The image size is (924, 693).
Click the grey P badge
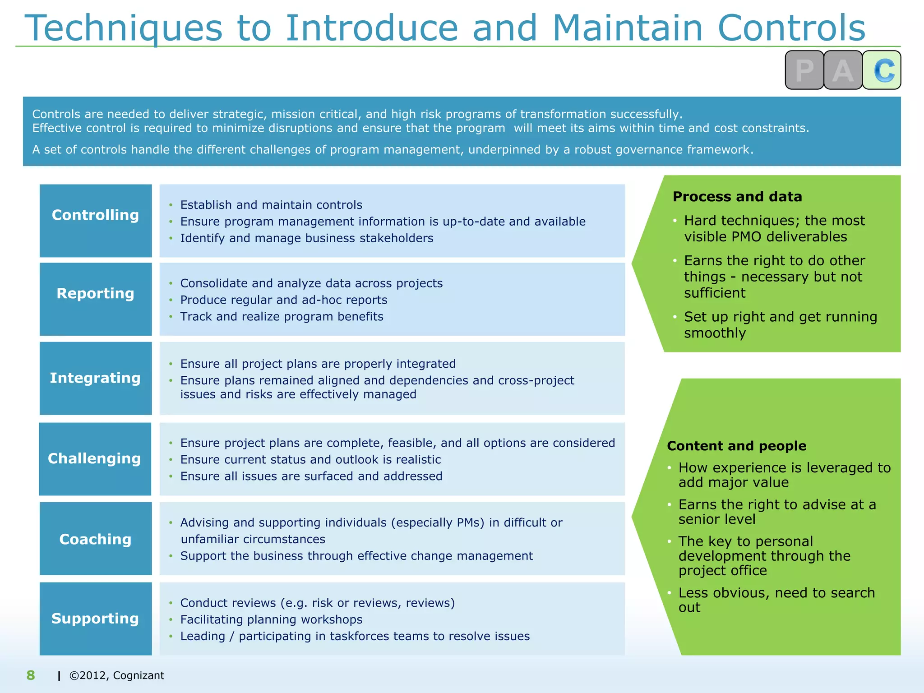point(804,70)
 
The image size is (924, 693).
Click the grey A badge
point(843,70)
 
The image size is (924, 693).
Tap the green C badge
point(882,70)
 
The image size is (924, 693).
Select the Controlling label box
point(96,221)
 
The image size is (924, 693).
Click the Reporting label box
point(96,299)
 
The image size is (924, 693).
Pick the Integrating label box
point(96,378)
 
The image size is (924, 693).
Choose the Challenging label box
point(95,459)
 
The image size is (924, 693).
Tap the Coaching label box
point(96,539)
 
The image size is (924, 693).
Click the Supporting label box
point(96,619)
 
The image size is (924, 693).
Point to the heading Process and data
point(737,197)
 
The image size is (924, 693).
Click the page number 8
point(31,675)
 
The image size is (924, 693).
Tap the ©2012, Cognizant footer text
point(116,675)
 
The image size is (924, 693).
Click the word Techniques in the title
point(124,28)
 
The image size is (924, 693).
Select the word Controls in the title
point(791,28)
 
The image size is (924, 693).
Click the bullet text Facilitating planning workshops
point(271,619)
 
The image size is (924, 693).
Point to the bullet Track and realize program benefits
point(282,316)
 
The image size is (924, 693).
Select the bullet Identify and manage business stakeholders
point(307,238)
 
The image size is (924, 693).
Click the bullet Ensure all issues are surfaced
point(311,476)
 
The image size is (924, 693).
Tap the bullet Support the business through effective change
point(356,556)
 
